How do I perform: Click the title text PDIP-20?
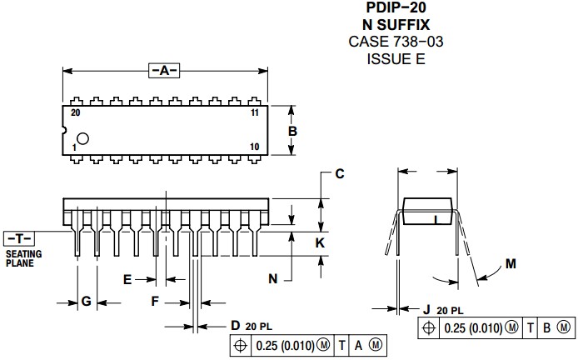tap(395, 9)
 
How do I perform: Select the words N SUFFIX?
tap(395, 25)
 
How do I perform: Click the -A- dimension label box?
tap(164, 70)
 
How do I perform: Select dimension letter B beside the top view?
tap(292, 131)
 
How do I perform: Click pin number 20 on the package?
tap(76, 112)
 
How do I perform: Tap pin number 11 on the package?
tap(255, 112)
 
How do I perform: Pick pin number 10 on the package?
tap(255, 147)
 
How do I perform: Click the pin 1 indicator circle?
tap(83, 138)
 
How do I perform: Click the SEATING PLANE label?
tap(23, 257)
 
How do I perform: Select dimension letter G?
tap(86, 301)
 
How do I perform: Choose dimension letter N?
tap(272, 279)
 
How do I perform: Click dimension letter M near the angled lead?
tap(511, 264)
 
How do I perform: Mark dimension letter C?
tap(339, 174)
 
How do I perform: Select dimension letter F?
tap(154, 301)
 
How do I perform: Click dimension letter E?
tap(127, 279)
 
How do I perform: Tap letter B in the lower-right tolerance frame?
tap(546, 328)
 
